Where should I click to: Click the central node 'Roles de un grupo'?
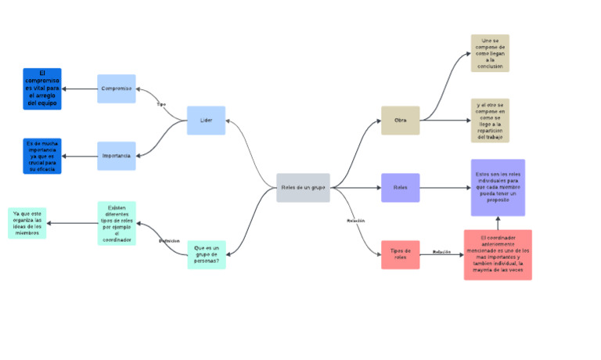pyautogui.click(x=303, y=188)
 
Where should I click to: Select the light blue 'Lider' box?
pyautogui.click(x=206, y=121)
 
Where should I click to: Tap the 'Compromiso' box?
pyautogui.click(x=117, y=88)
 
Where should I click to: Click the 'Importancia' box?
pyautogui.click(x=117, y=156)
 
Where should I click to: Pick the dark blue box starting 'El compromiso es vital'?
pyautogui.click(x=42, y=88)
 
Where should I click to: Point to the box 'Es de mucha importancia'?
pyautogui.click(x=42, y=156)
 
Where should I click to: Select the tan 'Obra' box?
pyautogui.click(x=400, y=121)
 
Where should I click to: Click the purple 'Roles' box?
pyautogui.click(x=400, y=188)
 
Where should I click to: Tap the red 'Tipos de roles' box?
pyautogui.click(x=400, y=255)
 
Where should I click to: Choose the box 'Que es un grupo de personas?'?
pyautogui.click(x=207, y=255)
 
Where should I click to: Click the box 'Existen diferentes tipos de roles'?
pyautogui.click(x=117, y=223)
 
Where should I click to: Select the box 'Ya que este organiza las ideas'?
pyautogui.click(x=27, y=223)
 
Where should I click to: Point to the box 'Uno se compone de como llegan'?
pyautogui.click(x=490, y=53)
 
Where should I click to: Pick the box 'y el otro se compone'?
pyautogui.click(x=490, y=121)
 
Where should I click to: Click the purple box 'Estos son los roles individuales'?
pyautogui.click(x=498, y=188)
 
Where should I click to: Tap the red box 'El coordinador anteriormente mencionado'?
pyautogui.click(x=498, y=255)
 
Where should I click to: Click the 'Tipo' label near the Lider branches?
pyautogui.click(x=161, y=104)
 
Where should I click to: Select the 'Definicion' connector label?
pyautogui.click(x=169, y=240)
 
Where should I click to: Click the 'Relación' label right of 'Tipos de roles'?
pyautogui.click(x=442, y=252)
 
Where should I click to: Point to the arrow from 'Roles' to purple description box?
pyautogui.click(x=444, y=188)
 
